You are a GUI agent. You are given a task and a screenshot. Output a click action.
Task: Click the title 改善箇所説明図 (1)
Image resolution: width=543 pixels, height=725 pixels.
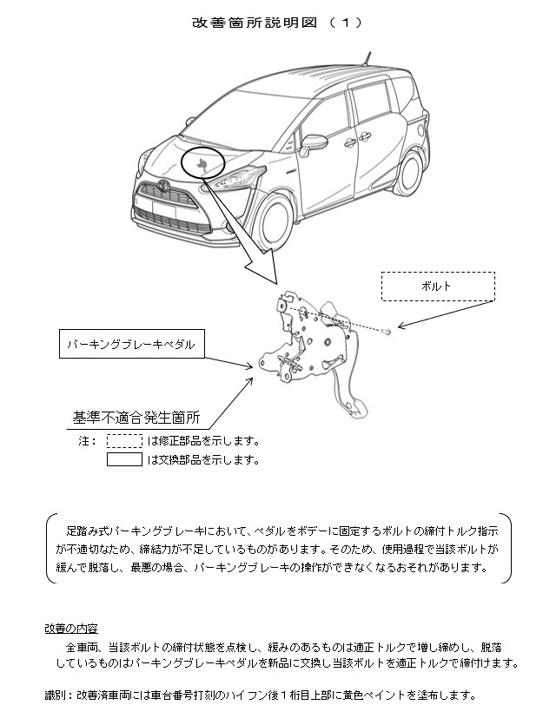[277, 23]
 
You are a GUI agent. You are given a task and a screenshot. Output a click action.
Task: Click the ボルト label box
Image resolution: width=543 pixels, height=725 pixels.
[438, 287]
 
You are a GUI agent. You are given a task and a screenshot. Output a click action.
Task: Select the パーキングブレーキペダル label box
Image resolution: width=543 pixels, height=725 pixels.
[132, 344]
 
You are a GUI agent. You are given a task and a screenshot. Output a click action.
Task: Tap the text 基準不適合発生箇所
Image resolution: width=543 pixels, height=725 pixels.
[136, 418]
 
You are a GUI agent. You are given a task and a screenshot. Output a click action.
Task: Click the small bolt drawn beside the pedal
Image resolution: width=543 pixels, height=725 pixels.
[387, 331]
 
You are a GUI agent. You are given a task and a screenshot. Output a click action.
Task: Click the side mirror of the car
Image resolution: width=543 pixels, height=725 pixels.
[311, 145]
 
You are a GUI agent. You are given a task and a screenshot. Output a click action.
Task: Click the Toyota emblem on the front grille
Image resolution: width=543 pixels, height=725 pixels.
[162, 184]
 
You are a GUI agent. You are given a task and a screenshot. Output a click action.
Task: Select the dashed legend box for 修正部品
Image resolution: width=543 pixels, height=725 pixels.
[124, 441]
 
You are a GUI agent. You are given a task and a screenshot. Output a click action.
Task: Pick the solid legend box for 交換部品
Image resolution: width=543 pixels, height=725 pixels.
[124, 459]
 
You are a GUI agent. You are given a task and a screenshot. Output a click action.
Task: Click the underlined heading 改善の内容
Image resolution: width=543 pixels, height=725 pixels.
[71, 629]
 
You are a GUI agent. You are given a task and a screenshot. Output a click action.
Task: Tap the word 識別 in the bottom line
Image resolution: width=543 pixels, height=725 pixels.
[55, 695]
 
